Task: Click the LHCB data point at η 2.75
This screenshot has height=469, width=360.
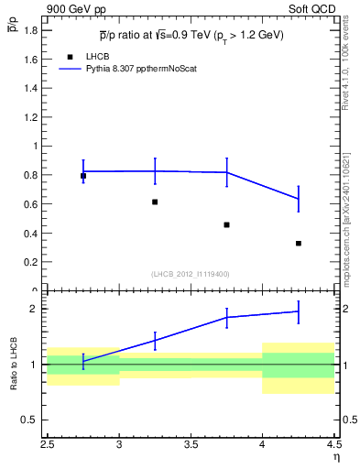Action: point(83,176)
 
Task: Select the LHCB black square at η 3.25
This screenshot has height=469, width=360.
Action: point(155,202)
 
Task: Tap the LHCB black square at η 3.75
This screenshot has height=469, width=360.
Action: point(226,224)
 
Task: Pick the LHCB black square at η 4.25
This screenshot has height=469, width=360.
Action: point(299,243)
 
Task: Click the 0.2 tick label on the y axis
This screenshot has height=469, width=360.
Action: point(33,262)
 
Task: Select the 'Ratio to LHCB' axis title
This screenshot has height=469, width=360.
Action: point(14,365)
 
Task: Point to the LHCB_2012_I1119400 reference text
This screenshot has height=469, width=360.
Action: point(191,273)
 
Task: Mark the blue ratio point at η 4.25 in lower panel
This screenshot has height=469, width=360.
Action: point(299,311)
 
